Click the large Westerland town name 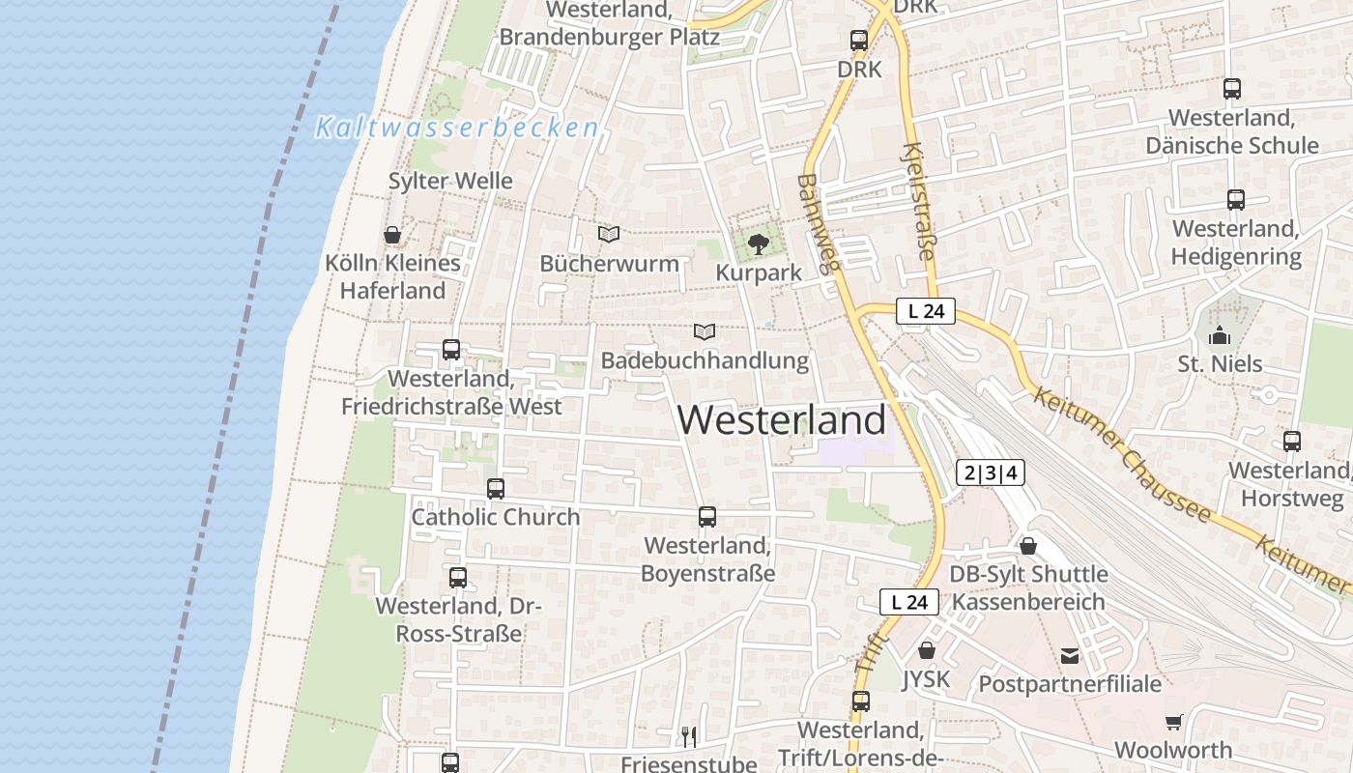[781, 419]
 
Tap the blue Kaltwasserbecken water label [456, 128]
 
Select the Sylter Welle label [450, 181]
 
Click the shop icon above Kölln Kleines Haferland [392, 235]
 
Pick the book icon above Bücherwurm [609, 234]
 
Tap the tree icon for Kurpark [759, 243]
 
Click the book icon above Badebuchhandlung [705, 332]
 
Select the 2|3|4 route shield [991, 472]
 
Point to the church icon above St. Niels [1220, 336]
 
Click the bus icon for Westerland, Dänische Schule [1231, 89]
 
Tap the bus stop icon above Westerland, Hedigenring [1235, 200]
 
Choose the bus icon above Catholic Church [496, 489]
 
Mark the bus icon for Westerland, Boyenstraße [707, 517]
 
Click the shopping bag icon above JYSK [927, 650]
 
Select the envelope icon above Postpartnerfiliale [1070, 656]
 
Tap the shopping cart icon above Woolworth [1173, 722]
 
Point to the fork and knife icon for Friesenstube [689, 737]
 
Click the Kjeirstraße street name [918, 201]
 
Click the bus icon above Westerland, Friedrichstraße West [451, 350]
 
